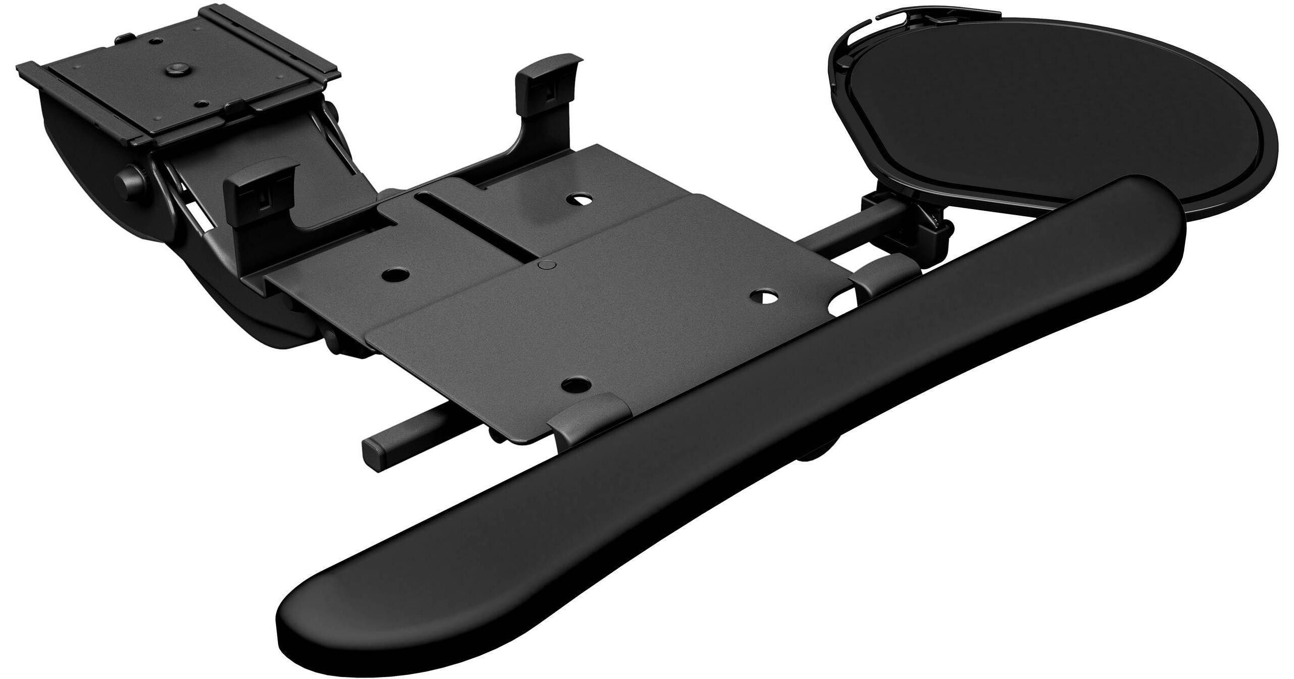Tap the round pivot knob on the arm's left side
(x=127, y=180)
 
